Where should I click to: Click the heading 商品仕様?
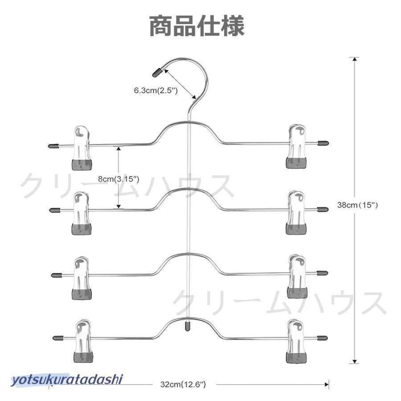coord(197,26)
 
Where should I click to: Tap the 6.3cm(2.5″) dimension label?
coord(155,90)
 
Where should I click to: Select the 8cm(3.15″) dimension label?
coord(119,179)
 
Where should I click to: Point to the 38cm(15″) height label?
coord(357,205)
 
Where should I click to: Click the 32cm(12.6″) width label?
coord(183,384)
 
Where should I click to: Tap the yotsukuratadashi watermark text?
coord(67,380)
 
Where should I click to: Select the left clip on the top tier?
coord(82,148)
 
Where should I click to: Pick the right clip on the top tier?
coord(296,147)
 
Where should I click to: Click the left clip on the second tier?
coord(82,213)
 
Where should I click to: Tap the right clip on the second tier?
coord(296,212)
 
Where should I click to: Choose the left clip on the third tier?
coord(82,278)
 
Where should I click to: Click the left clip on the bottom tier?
coord(83,341)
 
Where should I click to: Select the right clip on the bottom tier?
coord(296,341)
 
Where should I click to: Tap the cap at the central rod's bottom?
coord(188,326)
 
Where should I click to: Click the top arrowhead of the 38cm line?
coord(354,59)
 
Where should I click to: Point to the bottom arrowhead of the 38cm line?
coord(354,361)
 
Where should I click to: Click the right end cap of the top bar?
coord(323,143)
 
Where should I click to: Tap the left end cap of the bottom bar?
coord(58,338)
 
